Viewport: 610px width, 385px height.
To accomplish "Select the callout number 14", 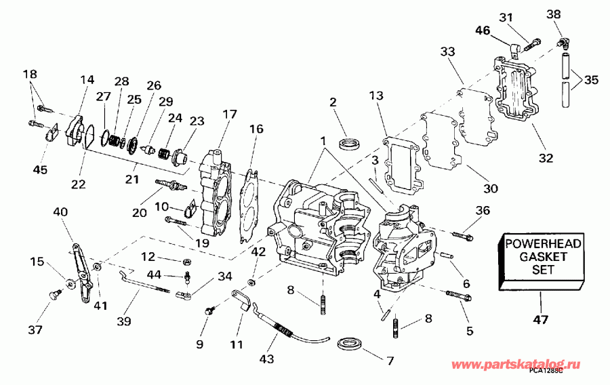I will click(87, 80).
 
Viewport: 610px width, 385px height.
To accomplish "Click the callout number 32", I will click(546, 159).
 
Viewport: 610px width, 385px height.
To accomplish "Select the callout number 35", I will click(591, 79).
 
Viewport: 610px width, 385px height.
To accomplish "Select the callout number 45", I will click(40, 169).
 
